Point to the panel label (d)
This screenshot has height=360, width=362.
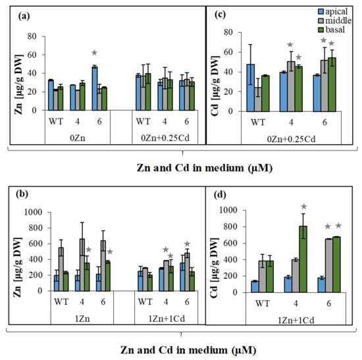click(x=220, y=195)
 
